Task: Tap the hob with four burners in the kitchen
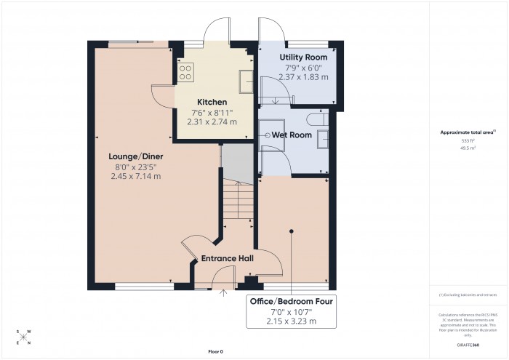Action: click(x=185, y=72)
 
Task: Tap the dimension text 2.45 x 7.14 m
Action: click(x=135, y=176)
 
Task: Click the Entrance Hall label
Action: click(x=228, y=258)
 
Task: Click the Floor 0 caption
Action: click(x=215, y=351)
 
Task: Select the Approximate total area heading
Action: click(x=467, y=132)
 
